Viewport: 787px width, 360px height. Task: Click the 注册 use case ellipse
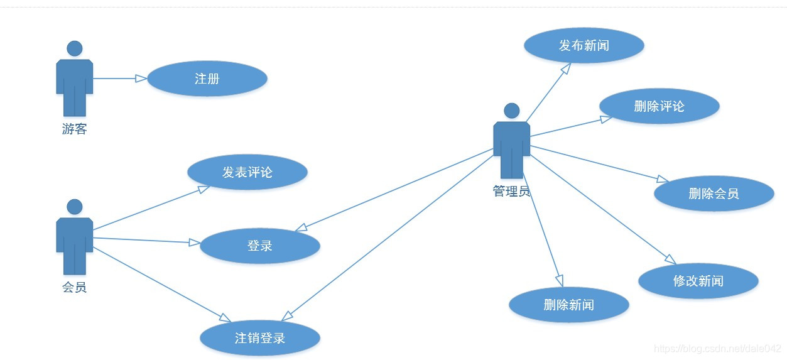point(207,79)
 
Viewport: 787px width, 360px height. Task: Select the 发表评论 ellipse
point(247,172)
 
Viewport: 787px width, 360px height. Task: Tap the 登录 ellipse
point(259,246)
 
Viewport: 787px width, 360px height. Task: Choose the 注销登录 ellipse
point(259,338)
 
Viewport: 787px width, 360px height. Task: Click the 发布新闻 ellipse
point(584,45)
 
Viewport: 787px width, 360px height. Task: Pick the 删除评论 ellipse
point(659,106)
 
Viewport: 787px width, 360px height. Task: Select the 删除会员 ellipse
point(714,194)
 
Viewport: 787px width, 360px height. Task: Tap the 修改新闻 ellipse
point(698,281)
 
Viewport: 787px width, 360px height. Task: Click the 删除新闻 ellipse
point(568,305)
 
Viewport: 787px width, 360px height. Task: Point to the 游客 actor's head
point(75,48)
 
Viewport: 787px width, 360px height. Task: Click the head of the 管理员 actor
point(512,111)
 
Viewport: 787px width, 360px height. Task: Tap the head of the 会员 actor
point(75,207)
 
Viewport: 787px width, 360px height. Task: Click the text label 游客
point(74,129)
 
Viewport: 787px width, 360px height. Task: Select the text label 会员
point(74,288)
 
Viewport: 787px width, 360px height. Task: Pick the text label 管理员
point(511,192)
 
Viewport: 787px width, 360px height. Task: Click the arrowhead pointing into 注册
point(141,79)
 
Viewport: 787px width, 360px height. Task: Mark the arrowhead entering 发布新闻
point(565,68)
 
